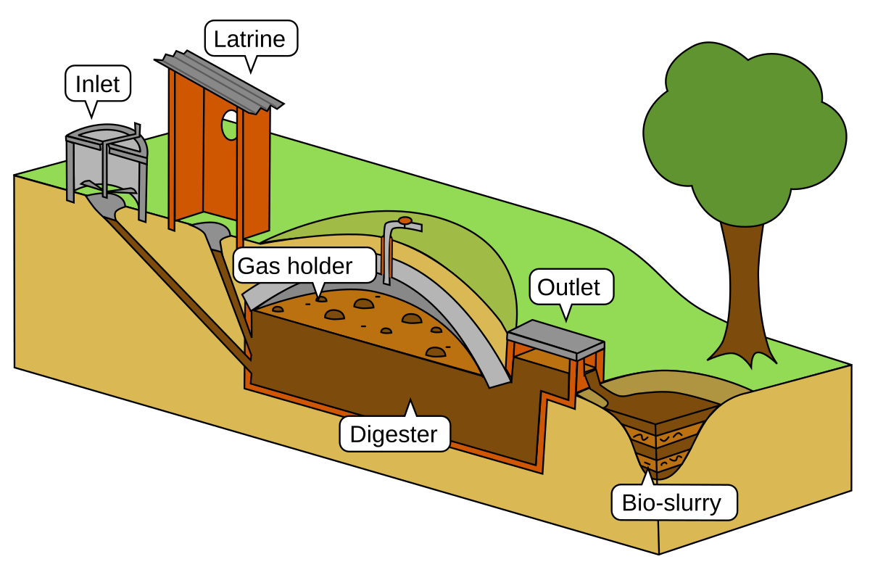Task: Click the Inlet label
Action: (x=98, y=84)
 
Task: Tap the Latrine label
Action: (x=251, y=38)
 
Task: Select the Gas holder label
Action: (x=296, y=266)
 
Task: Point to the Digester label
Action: (x=394, y=434)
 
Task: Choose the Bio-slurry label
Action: (x=672, y=502)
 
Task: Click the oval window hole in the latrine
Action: (x=230, y=125)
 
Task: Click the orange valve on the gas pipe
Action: (x=405, y=220)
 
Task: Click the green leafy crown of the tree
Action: (x=743, y=131)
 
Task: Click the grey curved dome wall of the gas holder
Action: (x=464, y=319)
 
